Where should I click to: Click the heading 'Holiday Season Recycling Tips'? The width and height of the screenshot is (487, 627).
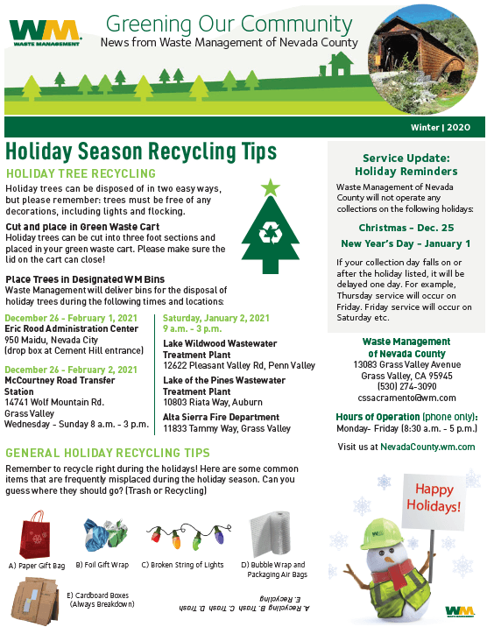pyautogui.click(x=140, y=151)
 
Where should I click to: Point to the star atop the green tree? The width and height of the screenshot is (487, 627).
pyautogui.click(x=269, y=187)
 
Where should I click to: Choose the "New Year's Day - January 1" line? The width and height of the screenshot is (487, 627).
pyautogui.click(x=406, y=243)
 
